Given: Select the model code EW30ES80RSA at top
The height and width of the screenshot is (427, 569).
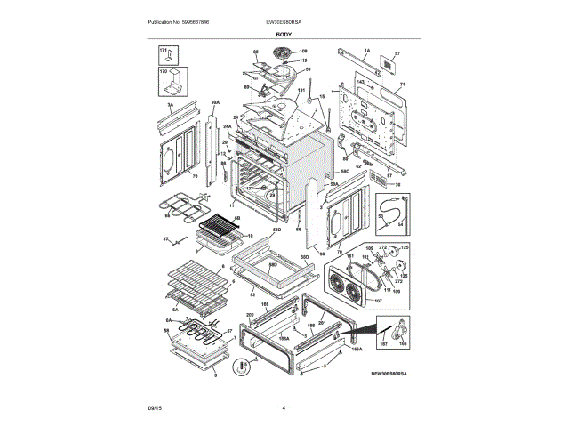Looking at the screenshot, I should click(284, 21).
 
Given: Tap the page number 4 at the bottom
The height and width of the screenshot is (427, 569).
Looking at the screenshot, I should click(284, 408).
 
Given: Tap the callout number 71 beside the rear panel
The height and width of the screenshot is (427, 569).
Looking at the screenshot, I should click(401, 85).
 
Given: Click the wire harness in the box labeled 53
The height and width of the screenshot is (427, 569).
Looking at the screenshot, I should click(389, 213).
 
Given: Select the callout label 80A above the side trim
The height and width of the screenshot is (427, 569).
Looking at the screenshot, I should click(214, 102).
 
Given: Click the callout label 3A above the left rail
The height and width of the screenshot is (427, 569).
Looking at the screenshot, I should click(170, 105).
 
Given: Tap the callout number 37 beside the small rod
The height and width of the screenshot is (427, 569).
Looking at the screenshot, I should click(164, 240).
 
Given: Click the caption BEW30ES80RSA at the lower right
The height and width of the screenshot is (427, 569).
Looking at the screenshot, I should click(390, 375).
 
